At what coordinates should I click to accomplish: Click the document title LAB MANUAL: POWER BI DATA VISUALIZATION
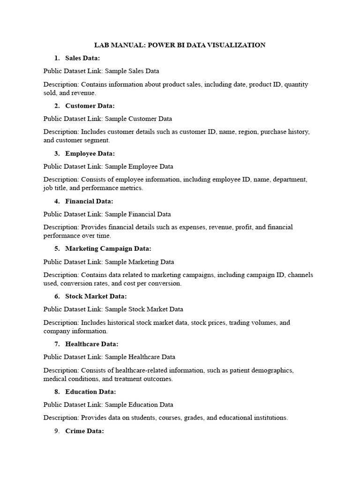click(180, 45)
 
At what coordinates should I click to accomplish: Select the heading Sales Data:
click(82, 58)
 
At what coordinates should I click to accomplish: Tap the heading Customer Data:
click(90, 106)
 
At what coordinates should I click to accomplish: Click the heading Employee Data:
click(90, 154)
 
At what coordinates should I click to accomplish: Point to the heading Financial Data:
click(89, 202)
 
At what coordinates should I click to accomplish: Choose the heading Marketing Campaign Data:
click(108, 248)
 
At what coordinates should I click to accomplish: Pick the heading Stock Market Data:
click(96, 296)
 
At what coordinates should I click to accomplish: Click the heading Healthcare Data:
click(92, 344)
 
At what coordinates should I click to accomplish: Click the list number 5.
click(57, 248)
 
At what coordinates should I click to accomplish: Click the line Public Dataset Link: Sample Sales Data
click(101, 71)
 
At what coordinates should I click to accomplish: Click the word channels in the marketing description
click(301, 275)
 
